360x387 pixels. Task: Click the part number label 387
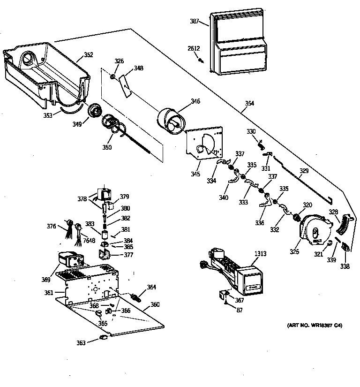click(195, 22)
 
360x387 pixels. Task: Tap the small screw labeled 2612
click(201, 60)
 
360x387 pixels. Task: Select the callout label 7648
click(89, 241)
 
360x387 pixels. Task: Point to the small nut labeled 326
click(113, 76)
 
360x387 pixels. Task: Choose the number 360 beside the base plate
click(155, 304)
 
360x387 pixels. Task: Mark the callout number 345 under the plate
click(195, 174)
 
